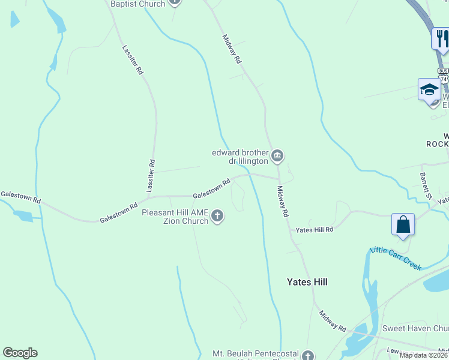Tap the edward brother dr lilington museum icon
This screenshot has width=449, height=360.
coord(277,157)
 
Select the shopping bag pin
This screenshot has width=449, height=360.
coord(403,225)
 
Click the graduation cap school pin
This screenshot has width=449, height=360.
coord(429,91)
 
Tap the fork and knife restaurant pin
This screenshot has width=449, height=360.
coord(441,39)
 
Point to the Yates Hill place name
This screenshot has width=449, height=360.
coord(307,282)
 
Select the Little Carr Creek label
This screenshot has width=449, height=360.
coord(396,258)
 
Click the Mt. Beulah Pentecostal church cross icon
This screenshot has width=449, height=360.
coord(308,355)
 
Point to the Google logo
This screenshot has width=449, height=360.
coord(20,353)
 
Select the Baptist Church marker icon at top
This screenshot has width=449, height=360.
coord(174,2)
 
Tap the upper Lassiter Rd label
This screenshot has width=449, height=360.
coord(133,60)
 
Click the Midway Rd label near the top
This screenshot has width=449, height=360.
coord(232,49)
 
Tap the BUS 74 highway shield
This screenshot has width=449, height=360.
coord(444,75)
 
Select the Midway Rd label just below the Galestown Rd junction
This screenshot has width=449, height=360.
coord(283,201)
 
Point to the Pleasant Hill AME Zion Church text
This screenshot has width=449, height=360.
coord(175,217)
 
